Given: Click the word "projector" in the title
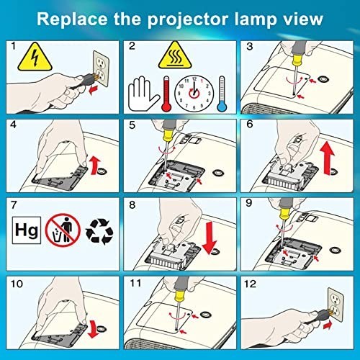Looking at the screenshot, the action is click(188, 19).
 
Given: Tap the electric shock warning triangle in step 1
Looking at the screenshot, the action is click(35, 58).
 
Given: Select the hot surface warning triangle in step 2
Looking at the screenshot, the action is click(175, 55).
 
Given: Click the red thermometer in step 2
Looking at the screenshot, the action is click(166, 94).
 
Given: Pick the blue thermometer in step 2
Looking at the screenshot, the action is click(222, 94).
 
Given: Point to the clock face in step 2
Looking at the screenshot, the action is click(194, 94).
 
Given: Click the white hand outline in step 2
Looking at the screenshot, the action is click(143, 94).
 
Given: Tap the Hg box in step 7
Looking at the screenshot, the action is click(27, 230).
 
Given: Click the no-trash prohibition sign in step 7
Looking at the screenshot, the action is click(63, 230).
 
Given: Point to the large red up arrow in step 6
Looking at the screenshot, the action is click(328, 158).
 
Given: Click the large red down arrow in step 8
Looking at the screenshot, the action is click(210, 238).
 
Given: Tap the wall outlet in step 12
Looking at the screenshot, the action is click(336, 305).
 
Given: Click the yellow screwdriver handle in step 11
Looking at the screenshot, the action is click(179, 296).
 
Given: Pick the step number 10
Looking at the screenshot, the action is click(17, 284).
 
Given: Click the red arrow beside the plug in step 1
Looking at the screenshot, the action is click(94, 90).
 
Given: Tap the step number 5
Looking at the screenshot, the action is click(132, 125).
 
